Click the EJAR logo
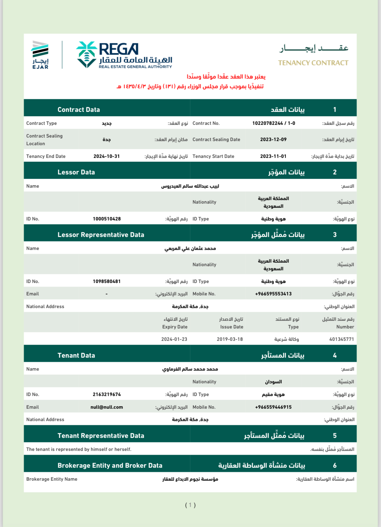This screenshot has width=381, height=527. click(40, 55)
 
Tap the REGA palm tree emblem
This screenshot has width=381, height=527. click(86, 55)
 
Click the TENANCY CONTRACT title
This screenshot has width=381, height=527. click(313, 63)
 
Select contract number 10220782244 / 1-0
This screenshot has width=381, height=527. click(273, 123)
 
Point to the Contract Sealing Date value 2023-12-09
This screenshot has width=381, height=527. click(273, 140)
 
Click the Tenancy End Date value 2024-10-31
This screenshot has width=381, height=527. click(107, 156)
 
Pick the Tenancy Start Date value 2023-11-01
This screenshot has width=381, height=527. click(273, 156)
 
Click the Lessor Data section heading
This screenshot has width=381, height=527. click(76, 172)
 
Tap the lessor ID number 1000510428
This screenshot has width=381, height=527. click(107, 219)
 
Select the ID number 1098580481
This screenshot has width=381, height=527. click(107, 281)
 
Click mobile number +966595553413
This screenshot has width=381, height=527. click(273, 294)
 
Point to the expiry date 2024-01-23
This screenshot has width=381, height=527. click(174, 339)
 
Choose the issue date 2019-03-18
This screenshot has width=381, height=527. click(230, 339)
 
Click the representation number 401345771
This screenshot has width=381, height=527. click(341, 339)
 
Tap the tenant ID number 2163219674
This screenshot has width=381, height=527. click(107, 395)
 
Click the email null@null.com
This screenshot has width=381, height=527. click(107, 407)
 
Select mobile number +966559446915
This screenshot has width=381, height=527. click(273, 407)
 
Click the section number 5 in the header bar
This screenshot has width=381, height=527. click(335, 436)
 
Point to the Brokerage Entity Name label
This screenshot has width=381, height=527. click(52, 479)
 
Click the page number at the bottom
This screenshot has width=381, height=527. click(190, 505)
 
